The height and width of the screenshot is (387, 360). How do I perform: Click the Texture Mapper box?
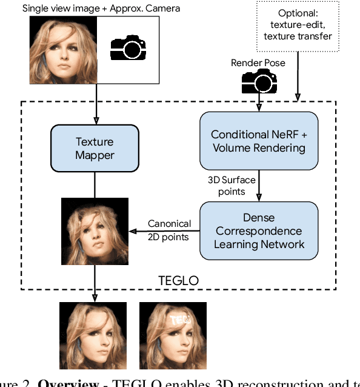tap(94, 148)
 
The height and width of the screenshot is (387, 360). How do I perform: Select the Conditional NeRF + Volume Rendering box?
tap(258, 141)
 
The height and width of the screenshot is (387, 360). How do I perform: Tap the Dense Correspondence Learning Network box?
tap(259, 231)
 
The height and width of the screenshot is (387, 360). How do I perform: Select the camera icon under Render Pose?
tap(259, 81)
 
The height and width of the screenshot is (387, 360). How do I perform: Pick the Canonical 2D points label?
tap(169, 231)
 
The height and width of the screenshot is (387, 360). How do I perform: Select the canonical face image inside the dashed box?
tap(95, 231)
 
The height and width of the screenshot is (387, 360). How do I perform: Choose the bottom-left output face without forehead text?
tap(93, 335)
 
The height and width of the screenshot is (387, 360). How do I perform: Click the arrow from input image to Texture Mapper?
tap(95, 103)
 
